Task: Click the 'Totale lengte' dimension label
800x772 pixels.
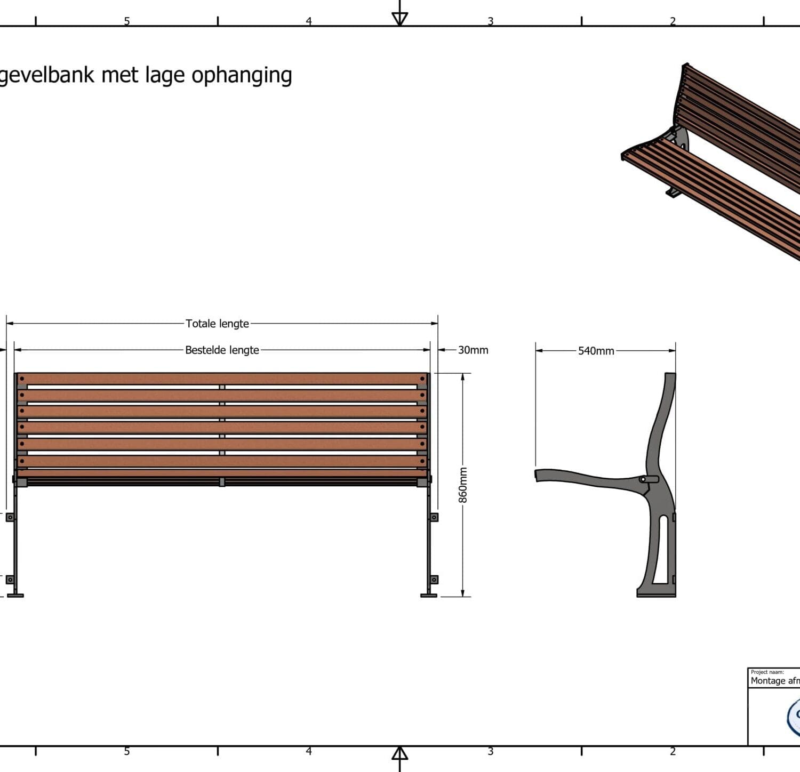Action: click(217, 324)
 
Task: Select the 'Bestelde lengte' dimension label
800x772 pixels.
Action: click(222, 350)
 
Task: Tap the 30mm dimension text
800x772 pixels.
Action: click(473, 350)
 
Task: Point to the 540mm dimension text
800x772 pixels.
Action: click(596, 351)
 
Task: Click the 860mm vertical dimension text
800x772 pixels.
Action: click(463, 485)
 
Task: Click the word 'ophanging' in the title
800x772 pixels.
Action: click(242, 76)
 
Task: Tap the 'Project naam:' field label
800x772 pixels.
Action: click(767, 672)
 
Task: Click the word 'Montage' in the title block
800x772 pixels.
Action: click(767, 681)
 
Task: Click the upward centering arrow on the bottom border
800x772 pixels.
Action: click(399, 753)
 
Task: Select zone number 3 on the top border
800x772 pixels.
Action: click(490, 21)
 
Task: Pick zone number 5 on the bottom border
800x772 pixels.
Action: click(127, 751)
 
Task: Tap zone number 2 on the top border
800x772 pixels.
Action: click(673, 21)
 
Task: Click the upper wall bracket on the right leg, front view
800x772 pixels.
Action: click(434, 517)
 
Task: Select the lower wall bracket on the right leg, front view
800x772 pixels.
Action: click(434, 580)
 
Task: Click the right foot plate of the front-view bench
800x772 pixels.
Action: click(429, 595)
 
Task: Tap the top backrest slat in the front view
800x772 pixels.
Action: click(222, 379)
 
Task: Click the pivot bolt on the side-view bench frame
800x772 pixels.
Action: click(643, 479)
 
